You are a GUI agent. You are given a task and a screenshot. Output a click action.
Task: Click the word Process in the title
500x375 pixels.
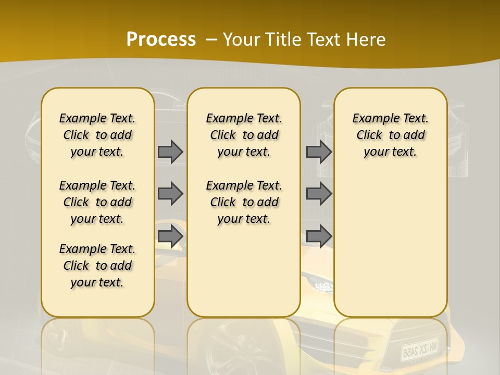pyautogui.click(x=161, y=39)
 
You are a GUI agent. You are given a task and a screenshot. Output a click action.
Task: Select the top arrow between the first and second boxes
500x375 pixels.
pyautogui.click(x=170, y=152)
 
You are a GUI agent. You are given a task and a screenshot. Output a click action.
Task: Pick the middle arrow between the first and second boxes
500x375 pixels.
pyautogui.click(x=170, y=194)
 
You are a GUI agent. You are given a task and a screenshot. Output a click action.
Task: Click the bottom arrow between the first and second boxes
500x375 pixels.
pyautogui.click(x=170, y=236)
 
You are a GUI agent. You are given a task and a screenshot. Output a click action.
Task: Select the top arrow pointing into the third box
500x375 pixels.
pyautogui.click(x=319, y=152)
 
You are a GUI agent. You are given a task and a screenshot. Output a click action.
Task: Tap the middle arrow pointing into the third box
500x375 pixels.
pyautogui.click(x=319, y=194)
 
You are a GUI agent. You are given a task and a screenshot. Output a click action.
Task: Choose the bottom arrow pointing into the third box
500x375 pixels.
pyautogui.click(x=319, y=236)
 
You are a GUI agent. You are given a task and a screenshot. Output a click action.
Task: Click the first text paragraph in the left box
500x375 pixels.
pyautogui.click(x=97, y=135)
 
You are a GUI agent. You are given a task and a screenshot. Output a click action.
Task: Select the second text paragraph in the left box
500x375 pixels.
pyautogui.click(x=97, y=202)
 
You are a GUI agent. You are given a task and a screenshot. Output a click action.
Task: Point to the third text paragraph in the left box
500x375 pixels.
pyautogui.click(x=97, y=266)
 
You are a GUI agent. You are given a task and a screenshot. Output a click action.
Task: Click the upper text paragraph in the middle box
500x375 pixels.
pyautogui.click(x=244, y=135)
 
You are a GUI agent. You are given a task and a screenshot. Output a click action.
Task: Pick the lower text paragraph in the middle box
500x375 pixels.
pyautogui.click(x=244, y=202)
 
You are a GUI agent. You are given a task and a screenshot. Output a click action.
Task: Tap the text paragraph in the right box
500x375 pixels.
pyautogui.click(x=390, y=135)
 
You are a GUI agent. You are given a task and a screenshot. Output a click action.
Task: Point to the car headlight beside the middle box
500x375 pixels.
pyautogui.click(x=319, y=285)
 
